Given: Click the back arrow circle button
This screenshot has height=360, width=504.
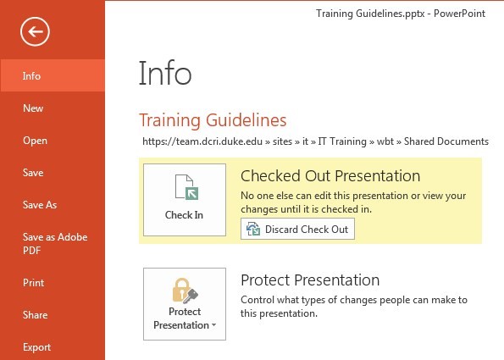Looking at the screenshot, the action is [x=35, y=31].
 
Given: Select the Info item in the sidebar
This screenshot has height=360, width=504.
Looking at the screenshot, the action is [x=53, y=75].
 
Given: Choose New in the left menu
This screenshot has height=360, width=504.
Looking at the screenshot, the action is [x=33, y=108].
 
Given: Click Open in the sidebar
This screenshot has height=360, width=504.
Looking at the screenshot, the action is [x=35, y=141].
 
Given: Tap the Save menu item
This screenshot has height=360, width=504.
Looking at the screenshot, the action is [x=33, y=173].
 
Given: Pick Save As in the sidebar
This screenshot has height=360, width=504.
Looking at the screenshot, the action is [x=40, y=205].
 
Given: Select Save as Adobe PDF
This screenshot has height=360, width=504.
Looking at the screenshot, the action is [x=55, y=243].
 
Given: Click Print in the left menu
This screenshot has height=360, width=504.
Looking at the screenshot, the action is [x=33, y=283].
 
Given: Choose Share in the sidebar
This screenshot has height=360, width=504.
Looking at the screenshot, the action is [x=35, y=314].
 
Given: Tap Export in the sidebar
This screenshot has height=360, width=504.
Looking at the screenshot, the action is [x=36, y=347].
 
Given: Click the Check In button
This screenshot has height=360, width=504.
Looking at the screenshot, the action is [x=185, y=200].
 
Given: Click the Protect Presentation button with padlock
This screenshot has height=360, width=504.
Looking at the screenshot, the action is [x=185, y=304].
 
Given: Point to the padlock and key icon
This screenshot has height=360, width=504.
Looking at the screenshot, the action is [x=186, y=291].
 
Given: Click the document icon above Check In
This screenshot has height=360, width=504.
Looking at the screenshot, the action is [x=186, y=187].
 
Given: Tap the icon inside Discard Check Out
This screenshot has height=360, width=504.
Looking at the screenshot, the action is [x=253, y=230].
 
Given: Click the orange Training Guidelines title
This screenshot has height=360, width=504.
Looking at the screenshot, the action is [x=213, y=120].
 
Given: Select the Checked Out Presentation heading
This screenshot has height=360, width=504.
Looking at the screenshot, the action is [x=330, y=176].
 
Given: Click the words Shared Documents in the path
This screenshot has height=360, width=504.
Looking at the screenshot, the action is [x=446, y=141].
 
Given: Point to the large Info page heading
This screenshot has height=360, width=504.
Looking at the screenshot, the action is [x=165, y=73].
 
